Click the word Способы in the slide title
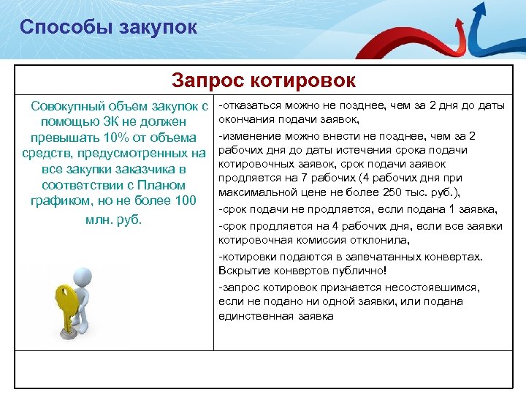[61, 28]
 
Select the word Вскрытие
[240, 271]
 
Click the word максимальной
[253, 192]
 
